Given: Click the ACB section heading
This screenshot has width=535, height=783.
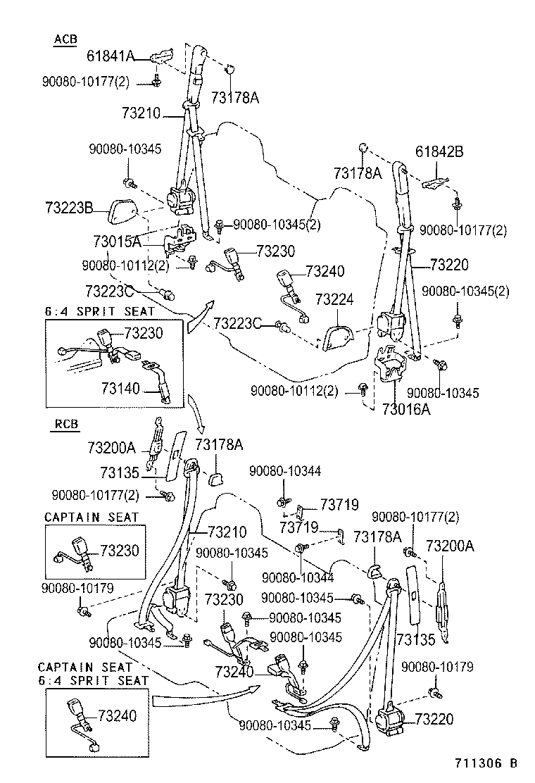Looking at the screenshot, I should pyautogui.click(x=65, y=39).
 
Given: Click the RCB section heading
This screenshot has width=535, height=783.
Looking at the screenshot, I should pyautogui.click(x=66, y=424).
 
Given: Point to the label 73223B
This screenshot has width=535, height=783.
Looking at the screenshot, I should pyautogui.click(x=69, y=208).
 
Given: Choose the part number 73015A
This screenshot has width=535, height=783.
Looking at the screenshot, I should pyautogui.click(x=117, y=242).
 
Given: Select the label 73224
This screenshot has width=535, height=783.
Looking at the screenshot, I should pyautogui.click(x=334, y=299).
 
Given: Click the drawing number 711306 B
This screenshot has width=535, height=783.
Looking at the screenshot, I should pyautogui.click(x=486, y=763).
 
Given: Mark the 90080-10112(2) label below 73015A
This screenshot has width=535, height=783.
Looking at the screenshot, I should pyautogui.click(x=125, y=265).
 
